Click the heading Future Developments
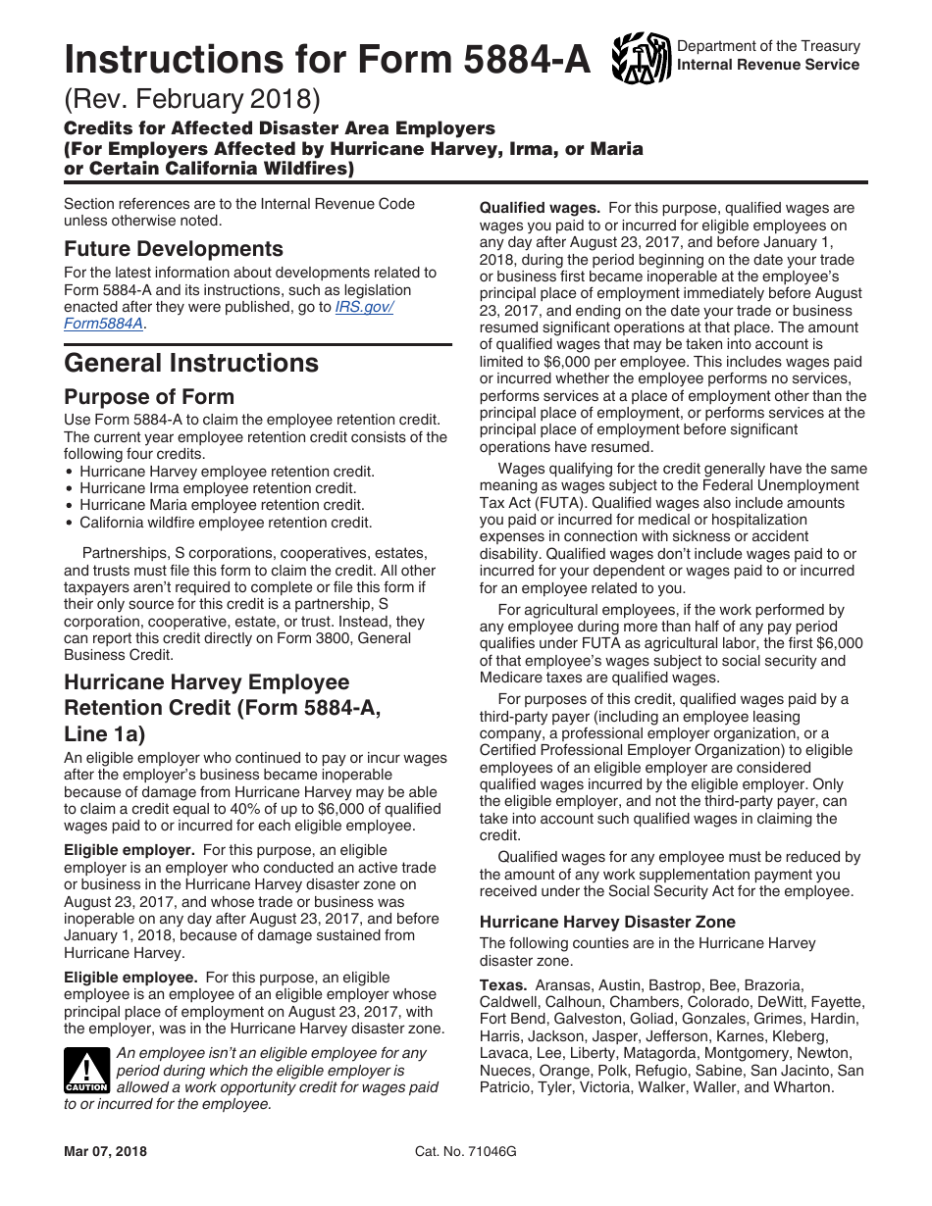coord(174,249)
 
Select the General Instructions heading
coord(191,364)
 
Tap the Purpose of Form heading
coord(149,397)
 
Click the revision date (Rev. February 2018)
coord(192,99)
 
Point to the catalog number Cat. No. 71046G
coord(466,1151)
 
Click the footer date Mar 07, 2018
coord(105,1151)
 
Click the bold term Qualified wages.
coord(540,208)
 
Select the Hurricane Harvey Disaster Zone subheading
coord(607,922)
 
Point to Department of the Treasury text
coord(768,46)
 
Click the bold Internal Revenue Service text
coord(768,65)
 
